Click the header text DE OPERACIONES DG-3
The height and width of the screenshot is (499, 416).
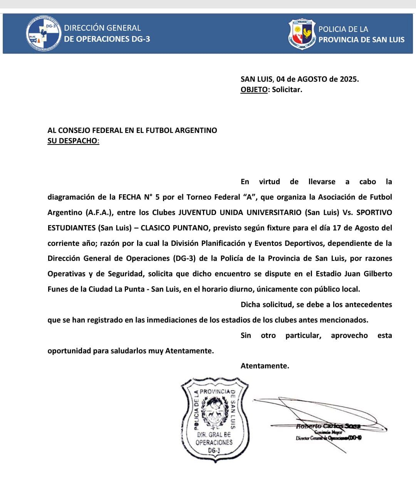(107, 39)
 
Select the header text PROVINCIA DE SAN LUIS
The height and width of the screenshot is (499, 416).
(361, 39)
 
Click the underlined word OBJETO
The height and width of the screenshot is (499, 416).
(254, 89)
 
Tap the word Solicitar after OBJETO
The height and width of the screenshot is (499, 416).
(287, 89)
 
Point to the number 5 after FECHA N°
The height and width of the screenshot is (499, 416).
(157, 197)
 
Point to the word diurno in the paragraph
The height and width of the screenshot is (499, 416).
(241, 289)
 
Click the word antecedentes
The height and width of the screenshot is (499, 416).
(368, 304)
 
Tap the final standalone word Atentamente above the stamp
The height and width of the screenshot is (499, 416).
(264, 366)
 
